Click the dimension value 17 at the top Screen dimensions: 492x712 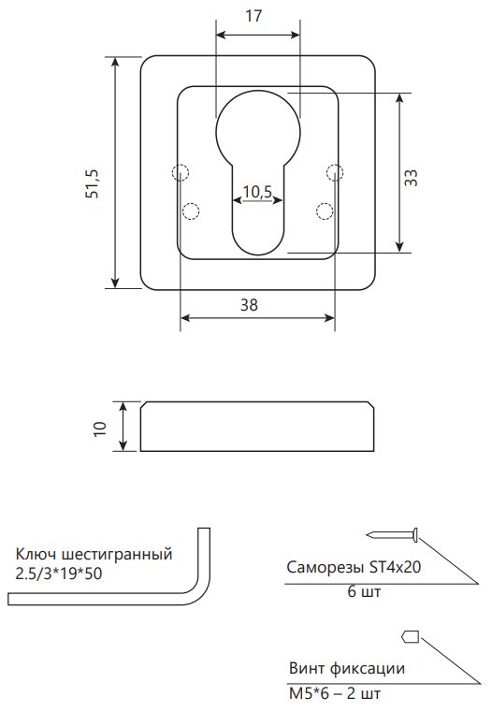(x=253, y=16)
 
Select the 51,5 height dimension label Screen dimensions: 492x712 (x=93, y=183)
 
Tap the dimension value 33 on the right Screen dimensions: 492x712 (x=411, y=177)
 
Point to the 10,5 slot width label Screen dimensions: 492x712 (x=257, y=192)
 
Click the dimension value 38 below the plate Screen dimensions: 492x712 (x=249, y=305)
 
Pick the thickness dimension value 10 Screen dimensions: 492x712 (x=99, y=429)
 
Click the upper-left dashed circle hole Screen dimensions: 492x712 (x=181, y=172)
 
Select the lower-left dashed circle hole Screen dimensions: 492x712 (x=191, y=211)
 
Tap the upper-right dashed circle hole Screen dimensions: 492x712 (x=335, y=172)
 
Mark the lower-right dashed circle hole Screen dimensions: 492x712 (x=325, y=211)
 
